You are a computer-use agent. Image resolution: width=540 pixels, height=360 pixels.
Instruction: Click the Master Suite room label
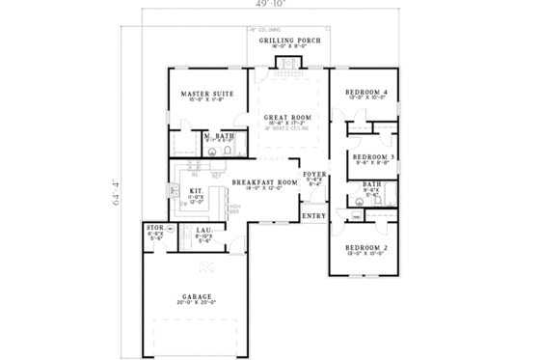[x=203, y=93]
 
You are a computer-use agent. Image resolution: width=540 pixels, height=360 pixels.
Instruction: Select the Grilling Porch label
[x=283, y=38]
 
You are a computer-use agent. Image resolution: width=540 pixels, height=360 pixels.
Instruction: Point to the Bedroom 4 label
[x=366, y=93]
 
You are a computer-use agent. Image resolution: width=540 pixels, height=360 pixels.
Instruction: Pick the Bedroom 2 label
[x=366, y=248]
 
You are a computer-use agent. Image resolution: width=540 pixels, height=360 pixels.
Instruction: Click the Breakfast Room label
[x=263, y=182]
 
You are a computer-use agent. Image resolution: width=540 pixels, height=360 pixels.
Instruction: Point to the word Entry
[x=314, y=217]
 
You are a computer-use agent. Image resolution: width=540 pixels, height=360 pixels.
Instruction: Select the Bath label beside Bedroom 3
[x=372, y=183]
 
